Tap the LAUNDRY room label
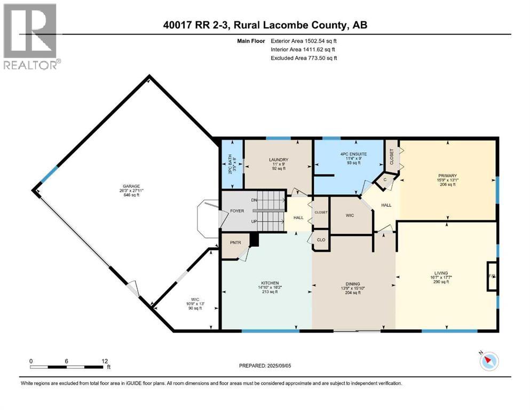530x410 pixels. (x=278, y=160)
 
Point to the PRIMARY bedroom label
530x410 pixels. (x=448, y=176)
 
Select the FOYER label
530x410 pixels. (x=237, y=211)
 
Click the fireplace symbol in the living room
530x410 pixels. (x=492, y=276)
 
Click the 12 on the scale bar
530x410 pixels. (x=105, y=360)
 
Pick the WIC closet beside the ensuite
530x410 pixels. (x=350, y=215)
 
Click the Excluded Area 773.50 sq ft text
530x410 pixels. (x=304, y=58)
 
